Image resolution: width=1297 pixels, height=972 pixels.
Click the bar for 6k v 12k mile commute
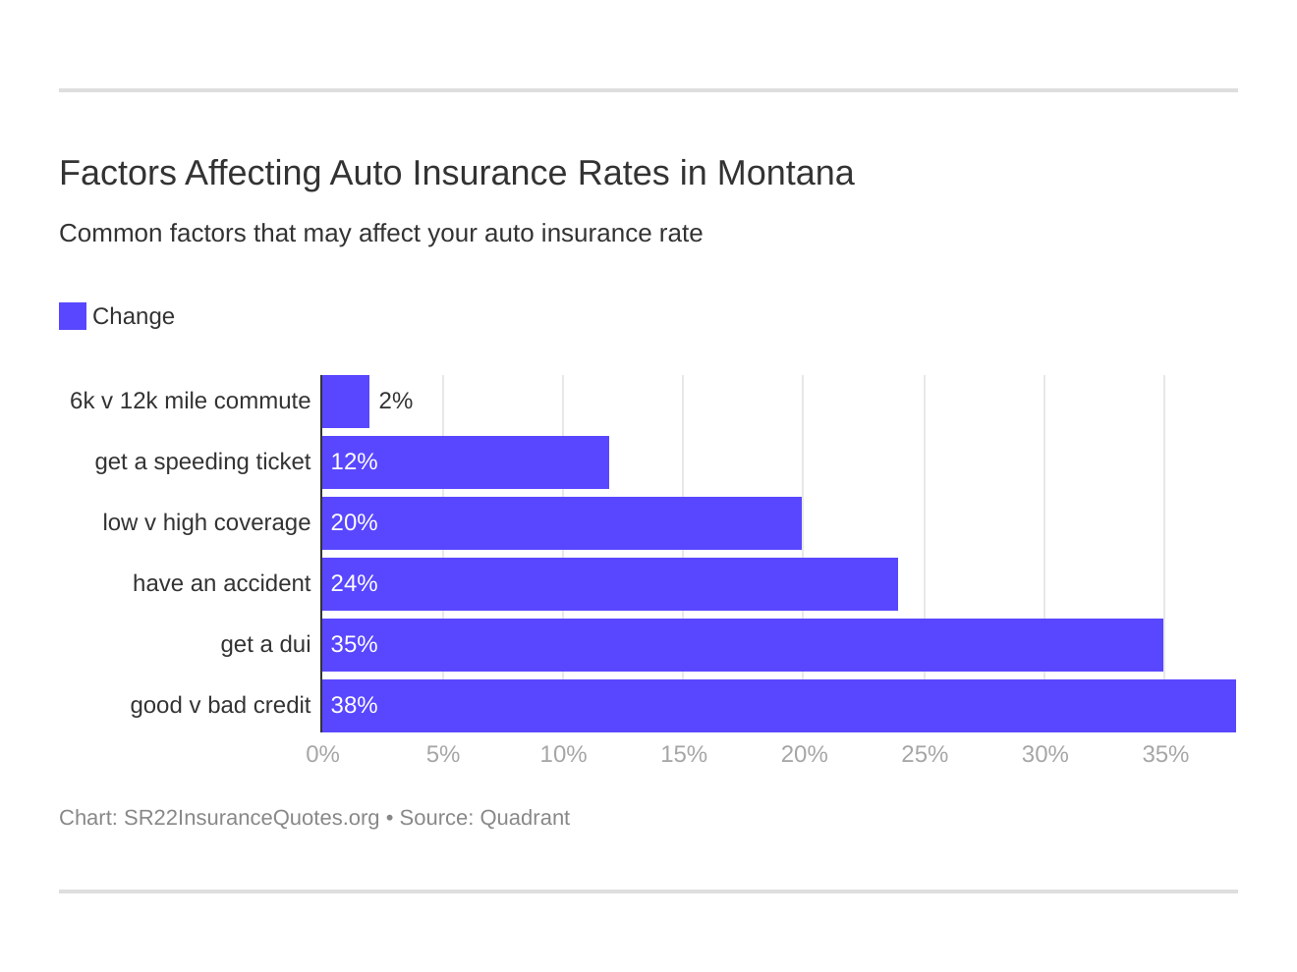(x=346, y=402)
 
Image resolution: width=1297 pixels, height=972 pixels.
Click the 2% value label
(x=395, y=402)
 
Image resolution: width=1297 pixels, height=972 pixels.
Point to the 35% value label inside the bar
(x=354, y=645)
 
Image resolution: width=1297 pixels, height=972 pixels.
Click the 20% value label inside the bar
(x=354, y=523)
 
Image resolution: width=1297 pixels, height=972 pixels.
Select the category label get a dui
(x=265, y=645)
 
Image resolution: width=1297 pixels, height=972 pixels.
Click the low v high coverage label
(x=206, y=523)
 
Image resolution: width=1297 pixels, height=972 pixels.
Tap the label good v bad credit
(x=220, y=706)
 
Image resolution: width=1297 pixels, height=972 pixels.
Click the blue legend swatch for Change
(x=73, y=316)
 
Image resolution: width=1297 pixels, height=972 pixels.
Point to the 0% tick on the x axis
(x=322, y=754)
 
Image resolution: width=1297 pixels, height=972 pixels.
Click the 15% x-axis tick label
(x=683, y=754)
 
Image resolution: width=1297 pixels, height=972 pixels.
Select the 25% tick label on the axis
(x=924, y=754)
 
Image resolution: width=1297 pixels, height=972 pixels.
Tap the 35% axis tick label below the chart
(x=1164, y=754)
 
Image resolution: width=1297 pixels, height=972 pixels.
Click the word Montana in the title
(x=785, y=173)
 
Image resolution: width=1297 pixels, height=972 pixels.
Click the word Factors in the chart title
(x=117, y=173)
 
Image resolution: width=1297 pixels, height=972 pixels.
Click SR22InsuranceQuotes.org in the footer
(x=252, y=818)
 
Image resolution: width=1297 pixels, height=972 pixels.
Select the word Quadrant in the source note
(x=525, y=818)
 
